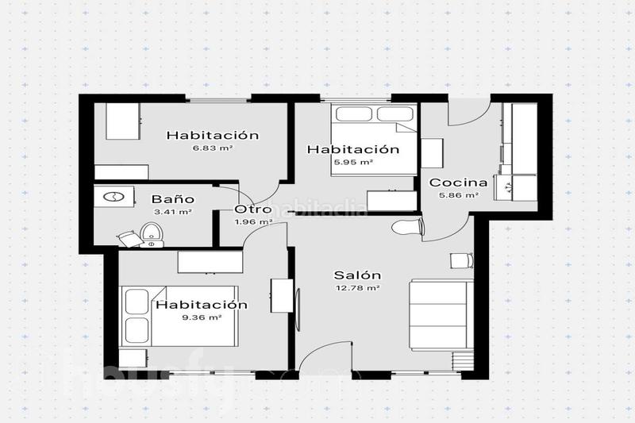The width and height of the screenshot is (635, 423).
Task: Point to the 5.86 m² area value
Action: pyautogui.click(x=460, y=195)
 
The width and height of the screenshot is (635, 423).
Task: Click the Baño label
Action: pyautogui.click(x=173, y=200)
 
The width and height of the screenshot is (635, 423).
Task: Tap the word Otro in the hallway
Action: pyautogui.click(x=253, y=210)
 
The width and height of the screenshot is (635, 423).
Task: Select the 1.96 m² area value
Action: pyautogui.click(x=253, y=221)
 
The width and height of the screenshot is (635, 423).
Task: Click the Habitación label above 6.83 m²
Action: pyautogui.click(x=212, y=135)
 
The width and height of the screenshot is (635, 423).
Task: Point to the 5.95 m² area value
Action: pyautogui.click(x=354, y=162)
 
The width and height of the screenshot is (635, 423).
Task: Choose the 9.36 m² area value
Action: pyautogui.click(x=202, y=317)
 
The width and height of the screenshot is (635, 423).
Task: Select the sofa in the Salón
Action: pyautogui.click(x=441, y=313)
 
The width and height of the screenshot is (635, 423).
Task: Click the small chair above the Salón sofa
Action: pyautogui.click(x=461, y=261)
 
